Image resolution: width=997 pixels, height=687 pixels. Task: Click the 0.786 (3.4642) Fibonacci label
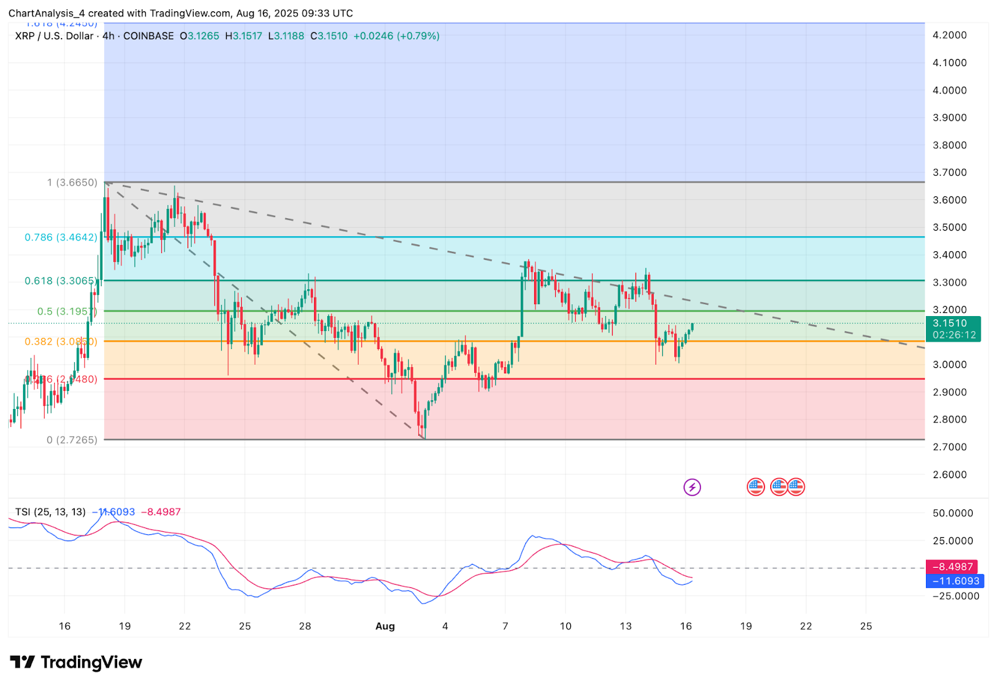(61, 238)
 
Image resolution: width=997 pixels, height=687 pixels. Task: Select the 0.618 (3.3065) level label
(60, 281)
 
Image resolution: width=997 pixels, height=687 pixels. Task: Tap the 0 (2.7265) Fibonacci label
(72, 440)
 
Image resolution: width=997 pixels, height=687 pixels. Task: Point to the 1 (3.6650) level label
(72, 183)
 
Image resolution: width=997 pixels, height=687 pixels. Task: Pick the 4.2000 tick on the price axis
(949, 36)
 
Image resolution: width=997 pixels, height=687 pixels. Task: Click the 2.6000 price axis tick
(949, 475)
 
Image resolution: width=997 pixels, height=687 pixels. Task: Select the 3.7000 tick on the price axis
(949, 173)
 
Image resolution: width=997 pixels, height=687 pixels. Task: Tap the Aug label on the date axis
(385, 627)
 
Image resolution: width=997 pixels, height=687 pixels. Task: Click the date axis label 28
(305, 627)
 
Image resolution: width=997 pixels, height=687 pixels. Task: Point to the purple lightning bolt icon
(692, 487)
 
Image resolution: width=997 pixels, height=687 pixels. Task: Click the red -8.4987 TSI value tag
(952, 567)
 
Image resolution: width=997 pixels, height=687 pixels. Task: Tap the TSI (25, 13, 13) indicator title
(50, 512)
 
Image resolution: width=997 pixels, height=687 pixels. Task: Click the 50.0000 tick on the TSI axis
(953, 514)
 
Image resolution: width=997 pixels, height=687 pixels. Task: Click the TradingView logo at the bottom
(76, 662)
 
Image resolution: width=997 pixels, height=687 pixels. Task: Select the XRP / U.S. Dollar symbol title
(54, 36)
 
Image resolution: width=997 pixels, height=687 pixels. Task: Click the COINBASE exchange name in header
(148, 36)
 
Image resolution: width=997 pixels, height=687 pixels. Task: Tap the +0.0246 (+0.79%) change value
(396, 36)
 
